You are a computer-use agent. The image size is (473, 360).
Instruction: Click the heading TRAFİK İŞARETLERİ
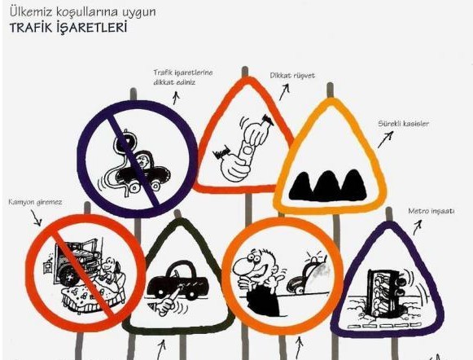click(x=68, y=28)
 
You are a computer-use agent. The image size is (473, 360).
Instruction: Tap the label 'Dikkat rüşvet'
click(x=292, y=76)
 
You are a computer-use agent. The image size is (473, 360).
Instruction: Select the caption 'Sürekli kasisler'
click(x=403, y=124)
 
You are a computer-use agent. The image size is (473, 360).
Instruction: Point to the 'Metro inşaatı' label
click(x=431, y=211)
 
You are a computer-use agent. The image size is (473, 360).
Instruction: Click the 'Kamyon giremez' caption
click(x=35, y=202)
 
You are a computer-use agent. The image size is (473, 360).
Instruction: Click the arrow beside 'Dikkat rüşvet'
click(x=284, y=92)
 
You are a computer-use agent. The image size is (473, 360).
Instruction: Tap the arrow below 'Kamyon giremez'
click(x=36, y=218)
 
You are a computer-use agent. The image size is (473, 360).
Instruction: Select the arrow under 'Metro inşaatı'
click(x=418, y=227)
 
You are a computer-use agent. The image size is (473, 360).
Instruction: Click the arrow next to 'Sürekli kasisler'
click(x=386, y=140)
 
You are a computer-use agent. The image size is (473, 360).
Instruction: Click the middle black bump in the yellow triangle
click(x=327, y=186)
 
